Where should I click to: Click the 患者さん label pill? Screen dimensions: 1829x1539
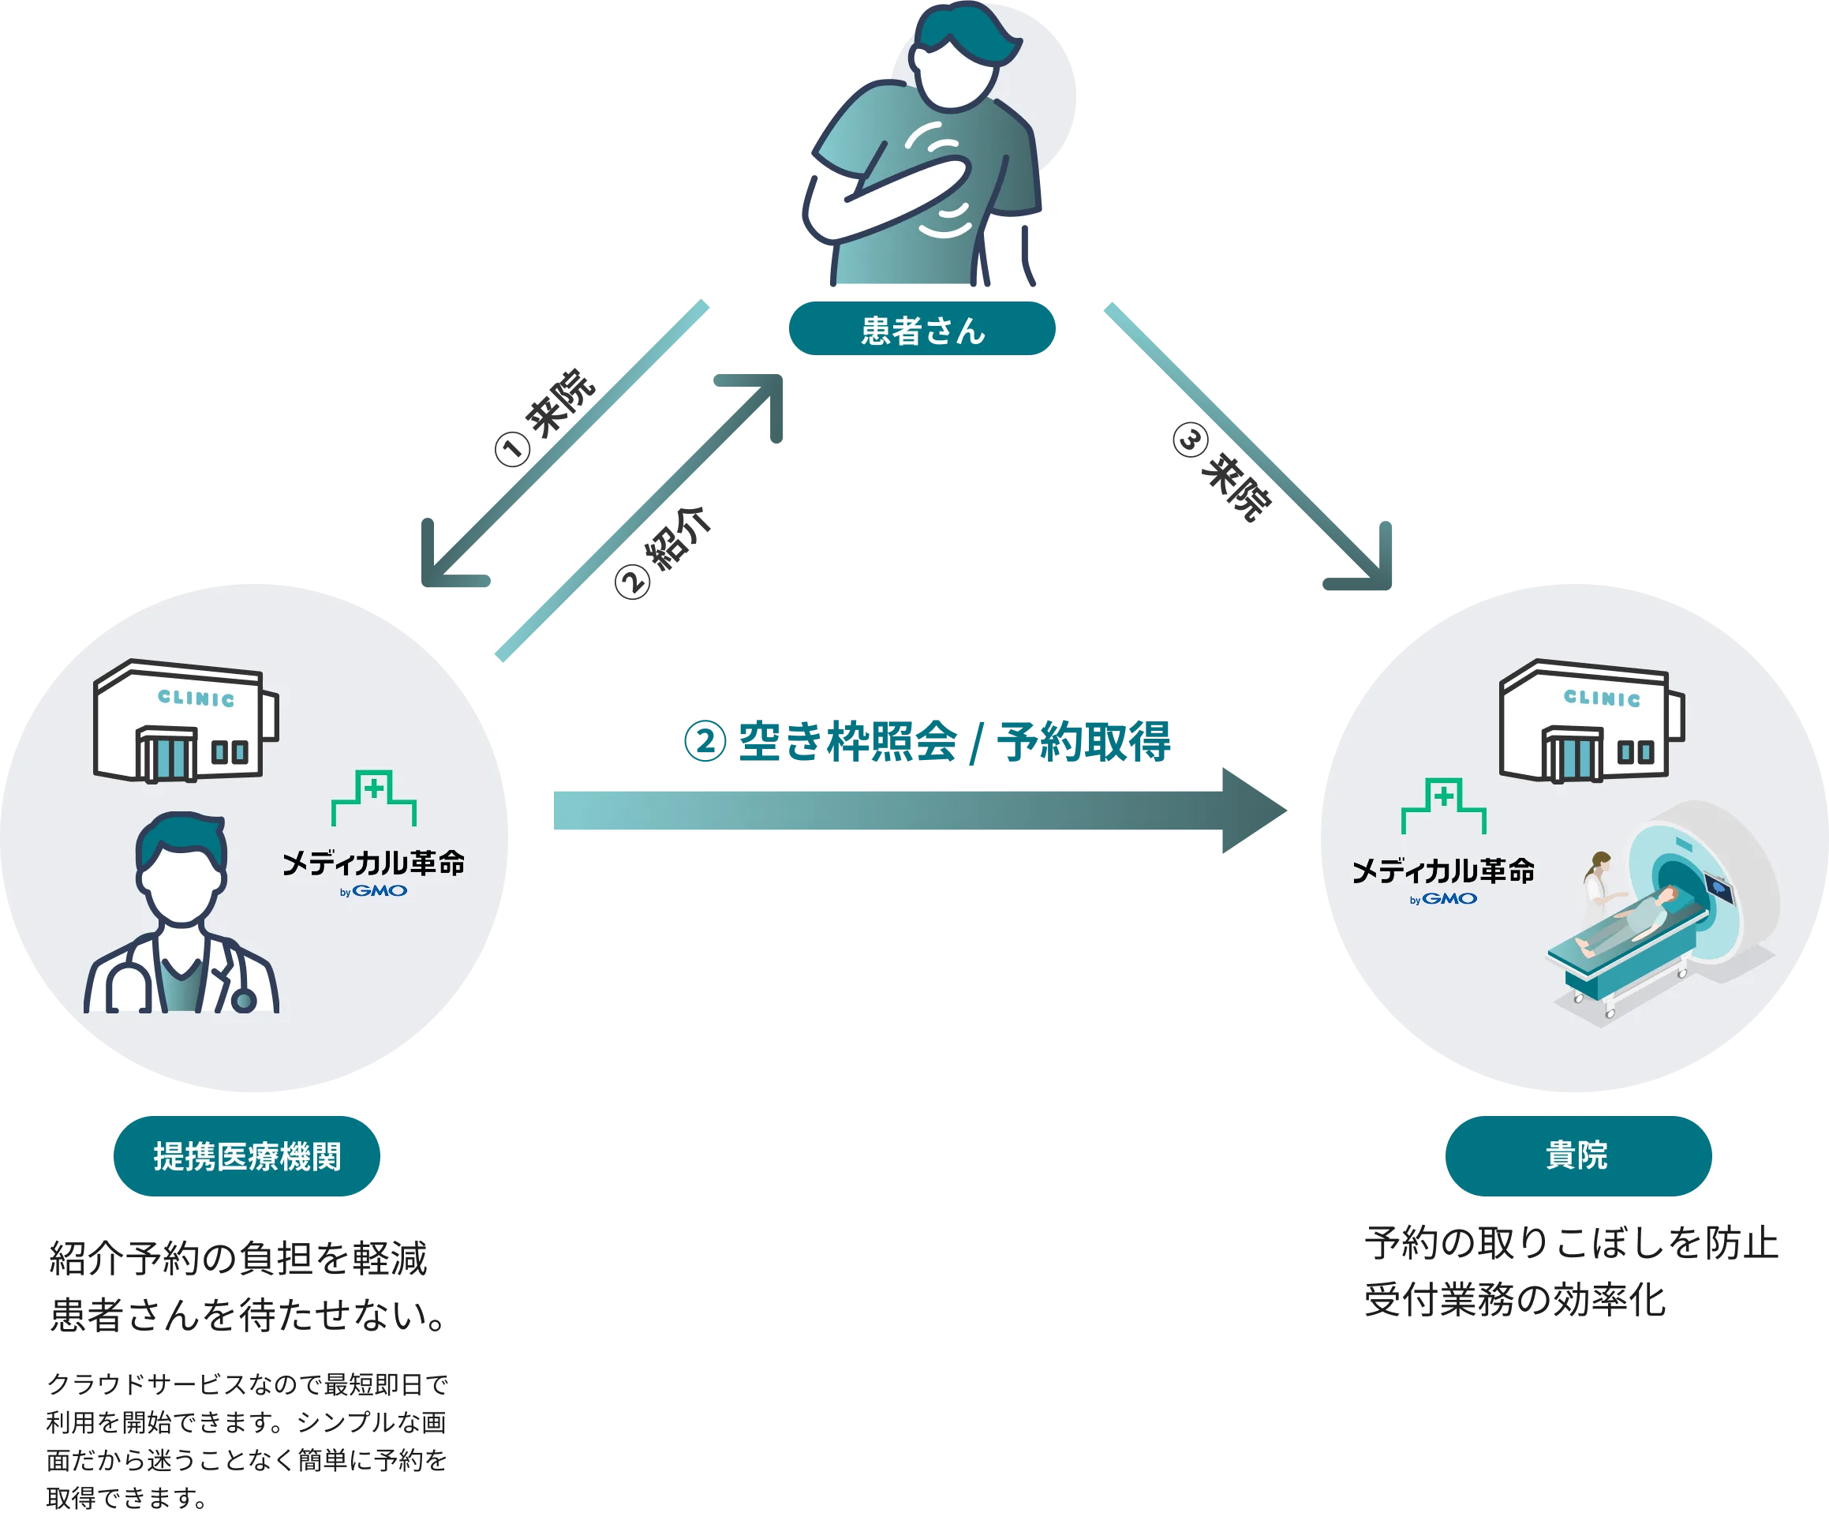pos(922,328)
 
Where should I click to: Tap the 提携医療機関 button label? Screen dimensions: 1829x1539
pos(247,1155)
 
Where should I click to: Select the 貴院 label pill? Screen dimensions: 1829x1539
pos(1578,1155)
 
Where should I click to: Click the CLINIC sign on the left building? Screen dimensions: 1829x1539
pos(196,698)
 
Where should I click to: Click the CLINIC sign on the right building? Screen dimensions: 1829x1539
pos(1603,697)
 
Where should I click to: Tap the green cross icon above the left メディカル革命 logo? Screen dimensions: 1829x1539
pos(374,796)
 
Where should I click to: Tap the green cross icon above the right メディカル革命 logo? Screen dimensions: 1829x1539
pos(1443,805)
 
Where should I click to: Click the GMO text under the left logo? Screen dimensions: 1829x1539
pos(380,891)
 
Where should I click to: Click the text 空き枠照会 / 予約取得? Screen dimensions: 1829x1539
pos(954,742)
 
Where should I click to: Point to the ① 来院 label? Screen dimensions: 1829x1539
pos(546,416)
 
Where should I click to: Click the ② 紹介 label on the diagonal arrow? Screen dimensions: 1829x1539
pos(664,552)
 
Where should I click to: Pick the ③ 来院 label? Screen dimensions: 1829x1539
pos(1222,471)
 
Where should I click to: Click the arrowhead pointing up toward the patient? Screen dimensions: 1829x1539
pos(755,402)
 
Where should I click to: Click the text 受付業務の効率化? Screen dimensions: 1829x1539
pos(1515,1300)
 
